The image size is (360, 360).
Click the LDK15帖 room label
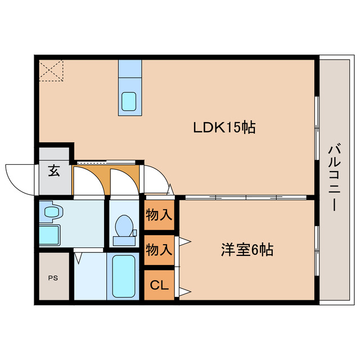(224, 128)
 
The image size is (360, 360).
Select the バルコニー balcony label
(332, 178)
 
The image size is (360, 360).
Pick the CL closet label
(159, 286)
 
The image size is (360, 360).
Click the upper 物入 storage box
(159, 215)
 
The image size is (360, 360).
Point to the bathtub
(124, 276)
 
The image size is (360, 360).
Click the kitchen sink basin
(129, 101)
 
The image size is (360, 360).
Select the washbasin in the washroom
(53, 213)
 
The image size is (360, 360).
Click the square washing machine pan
(49, 234)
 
